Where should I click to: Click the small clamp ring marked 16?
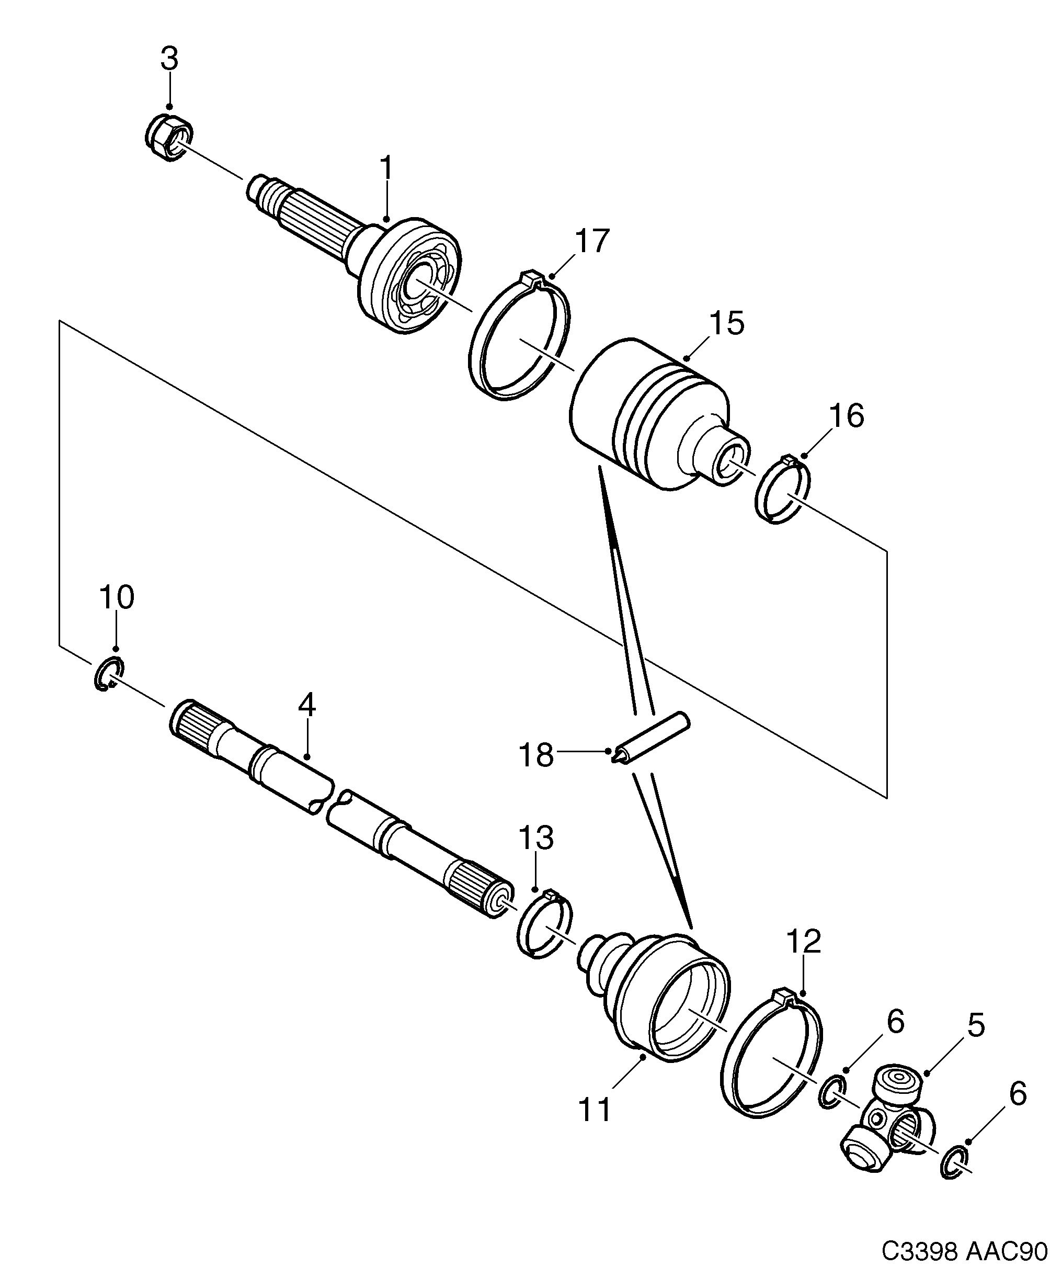coord(783,489)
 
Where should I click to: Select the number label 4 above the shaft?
coord(306,705)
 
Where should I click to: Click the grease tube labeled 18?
coord(652,739)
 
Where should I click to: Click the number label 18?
coord(536,755)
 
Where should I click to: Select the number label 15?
coord(726,324)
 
